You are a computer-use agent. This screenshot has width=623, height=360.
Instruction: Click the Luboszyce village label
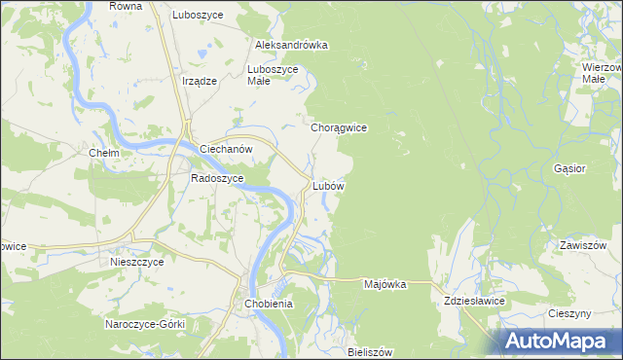click(x=198, y=16)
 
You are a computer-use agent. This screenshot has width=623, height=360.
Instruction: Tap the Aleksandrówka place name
click(x=290, y=45)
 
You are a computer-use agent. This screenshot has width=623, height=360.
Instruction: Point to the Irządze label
click(x=199, y=82)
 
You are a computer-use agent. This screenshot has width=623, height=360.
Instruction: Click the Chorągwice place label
click(x=338, y=127)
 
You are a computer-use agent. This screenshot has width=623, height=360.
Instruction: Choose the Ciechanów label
click(x=226, y=149)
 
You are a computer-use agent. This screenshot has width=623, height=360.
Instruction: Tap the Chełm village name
click(x=103, y=154)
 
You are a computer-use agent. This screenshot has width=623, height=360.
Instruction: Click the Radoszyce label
click(x=215, y=179)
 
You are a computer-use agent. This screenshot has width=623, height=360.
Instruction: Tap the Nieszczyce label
click(x=134, y=262)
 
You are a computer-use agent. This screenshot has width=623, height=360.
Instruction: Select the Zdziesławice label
click(x=474, y=302)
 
